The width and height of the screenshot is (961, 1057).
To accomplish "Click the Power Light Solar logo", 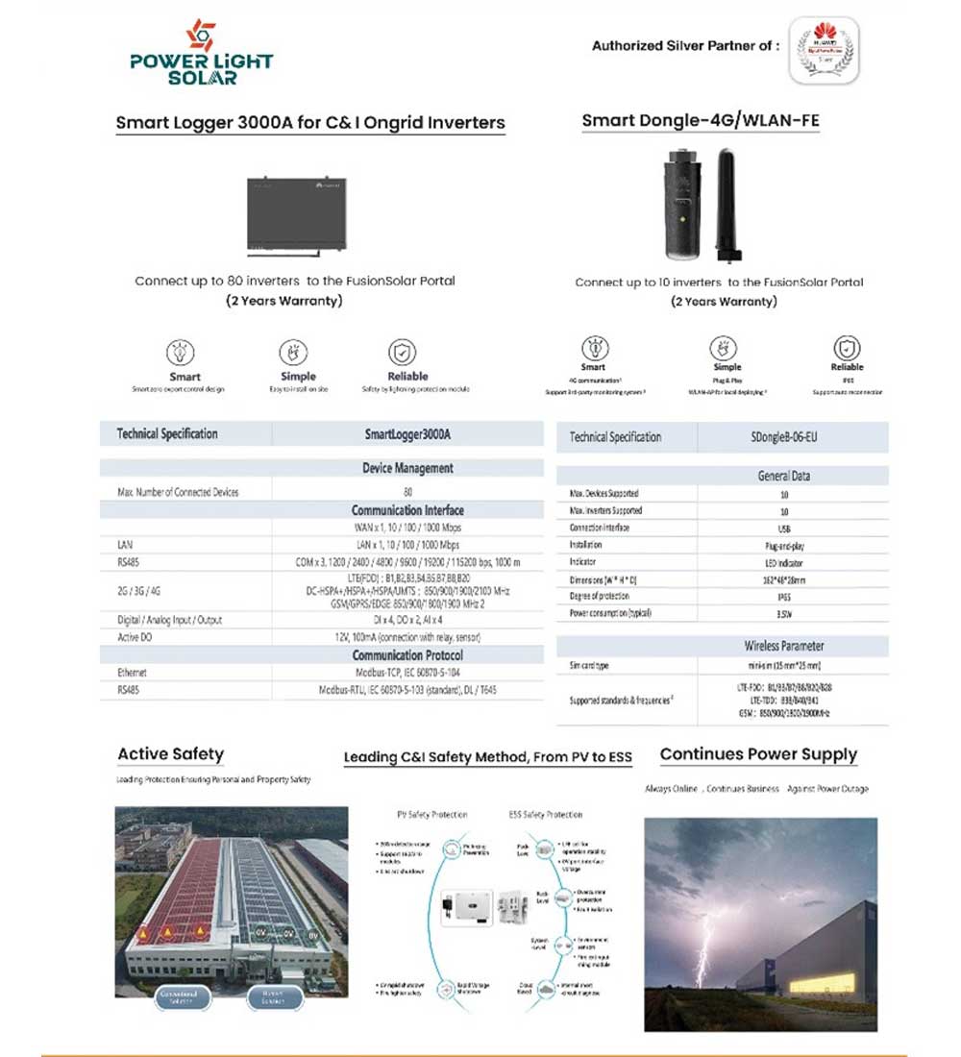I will click(202, 52).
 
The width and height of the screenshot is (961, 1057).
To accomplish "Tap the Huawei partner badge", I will click(824, 52).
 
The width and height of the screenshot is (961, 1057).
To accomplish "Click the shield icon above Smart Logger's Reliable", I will click(402, 352).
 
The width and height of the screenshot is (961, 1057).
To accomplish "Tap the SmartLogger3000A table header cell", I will click(407, 434).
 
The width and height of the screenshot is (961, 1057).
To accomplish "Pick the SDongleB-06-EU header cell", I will click(784, 437).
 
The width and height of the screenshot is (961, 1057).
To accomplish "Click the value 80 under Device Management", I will click(407, 492).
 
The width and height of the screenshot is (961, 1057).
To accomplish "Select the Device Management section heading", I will click(407, 469).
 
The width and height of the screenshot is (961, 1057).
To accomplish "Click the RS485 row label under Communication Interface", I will click(128, 561).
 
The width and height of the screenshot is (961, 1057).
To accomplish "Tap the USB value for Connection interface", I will click(784, 528).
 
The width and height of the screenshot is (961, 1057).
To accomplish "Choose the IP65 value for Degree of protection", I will click(784, 596).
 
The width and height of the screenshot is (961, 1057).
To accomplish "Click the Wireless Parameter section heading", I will click(784, 646).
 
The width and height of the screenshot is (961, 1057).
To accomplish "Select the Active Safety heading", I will click(170, 754).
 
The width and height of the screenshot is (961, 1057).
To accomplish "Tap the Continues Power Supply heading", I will click(758, 754).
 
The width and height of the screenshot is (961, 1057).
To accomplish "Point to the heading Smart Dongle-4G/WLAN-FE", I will click(701, 121).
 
